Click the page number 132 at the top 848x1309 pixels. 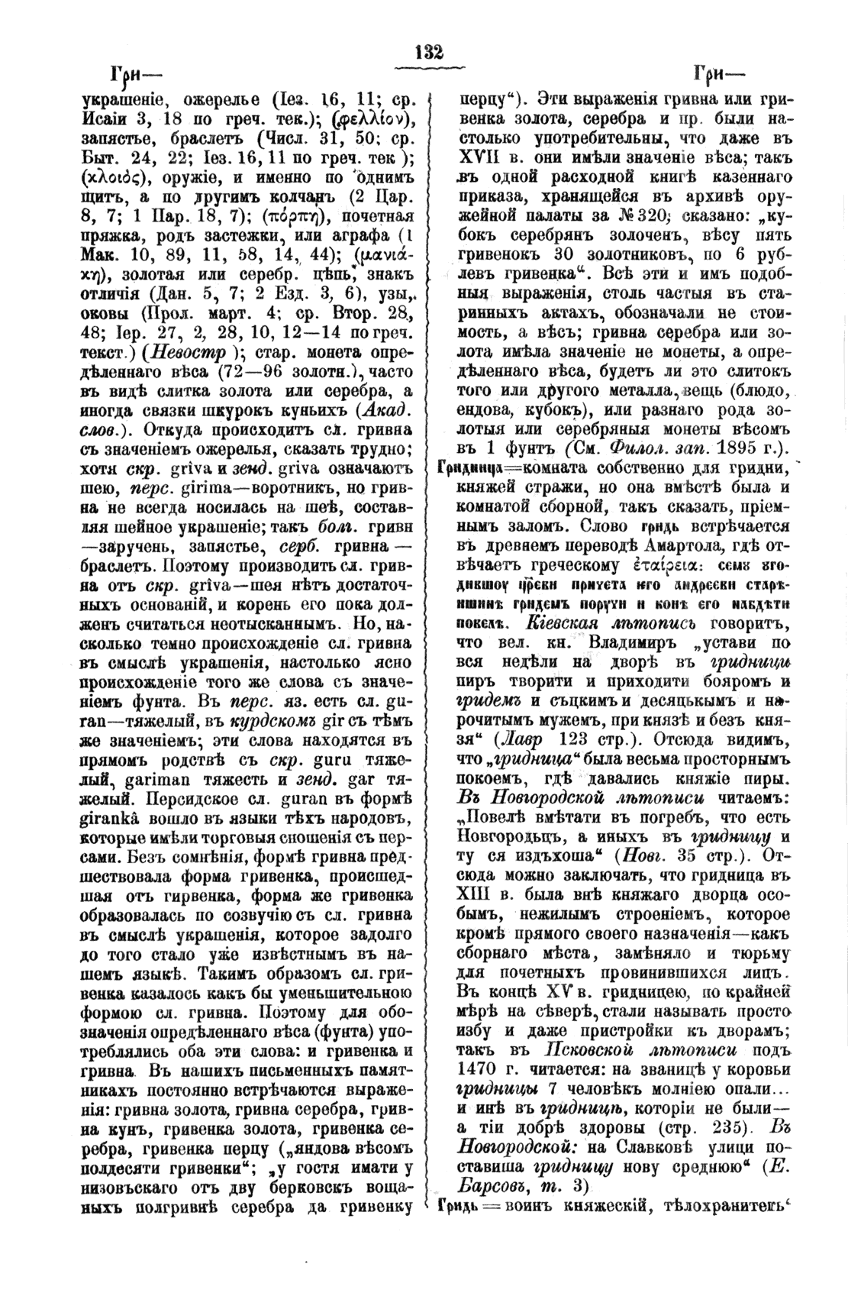click(429, 53)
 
